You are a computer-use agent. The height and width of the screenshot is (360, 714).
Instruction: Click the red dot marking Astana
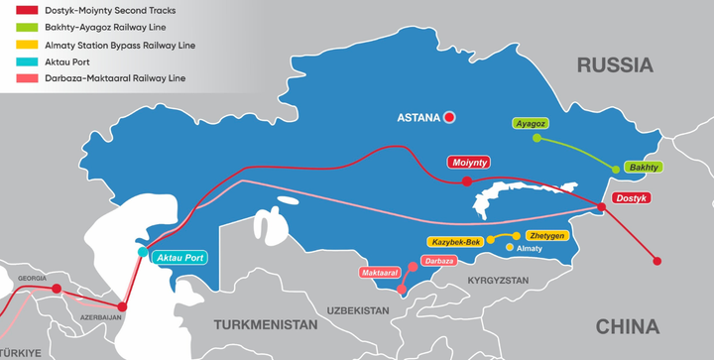(x=449, y=117)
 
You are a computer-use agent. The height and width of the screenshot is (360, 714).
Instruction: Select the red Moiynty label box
(x=468, y=161)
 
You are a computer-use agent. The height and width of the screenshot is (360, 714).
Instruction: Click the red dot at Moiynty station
(x=466, y=181)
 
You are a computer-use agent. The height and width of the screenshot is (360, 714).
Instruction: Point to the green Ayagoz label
(x=531, y=124)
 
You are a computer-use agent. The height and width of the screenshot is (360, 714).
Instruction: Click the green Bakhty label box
(x=644, y=168)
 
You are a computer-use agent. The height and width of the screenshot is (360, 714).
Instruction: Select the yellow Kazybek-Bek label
(x=455, y=242)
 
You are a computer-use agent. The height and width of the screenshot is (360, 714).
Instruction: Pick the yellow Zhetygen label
(x=546, y=236)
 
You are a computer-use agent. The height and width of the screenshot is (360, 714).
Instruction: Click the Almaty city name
(x=531, y=249)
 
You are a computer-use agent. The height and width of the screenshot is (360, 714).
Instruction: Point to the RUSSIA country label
(x=617, y=65)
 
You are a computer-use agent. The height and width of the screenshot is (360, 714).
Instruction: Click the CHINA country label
(x=626, y=327)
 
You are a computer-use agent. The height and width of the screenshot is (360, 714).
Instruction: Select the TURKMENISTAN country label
(x=266, y=324)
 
